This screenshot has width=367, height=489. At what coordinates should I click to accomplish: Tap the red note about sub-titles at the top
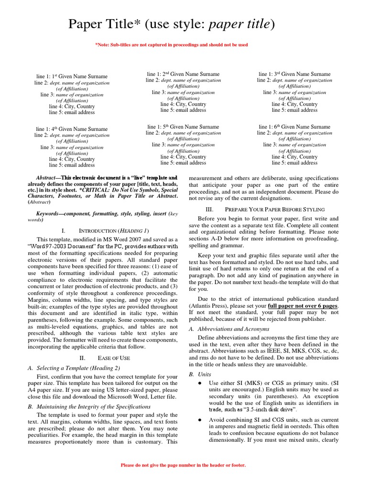pos(172,45)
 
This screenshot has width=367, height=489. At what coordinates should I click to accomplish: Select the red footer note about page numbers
pos(183,465)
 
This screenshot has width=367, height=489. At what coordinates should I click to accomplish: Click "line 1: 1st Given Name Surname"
pos(72,76)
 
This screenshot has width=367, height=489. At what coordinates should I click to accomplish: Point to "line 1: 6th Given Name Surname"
pos(294,127)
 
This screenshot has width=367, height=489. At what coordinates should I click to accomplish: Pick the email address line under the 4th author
pos(72,165)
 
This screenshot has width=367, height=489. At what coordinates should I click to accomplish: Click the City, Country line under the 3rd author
pos(294,104)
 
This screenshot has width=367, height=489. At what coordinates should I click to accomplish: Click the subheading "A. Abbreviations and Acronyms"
pos(229,329)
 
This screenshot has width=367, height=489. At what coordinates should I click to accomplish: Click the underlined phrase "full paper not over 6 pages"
pos(303,306)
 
